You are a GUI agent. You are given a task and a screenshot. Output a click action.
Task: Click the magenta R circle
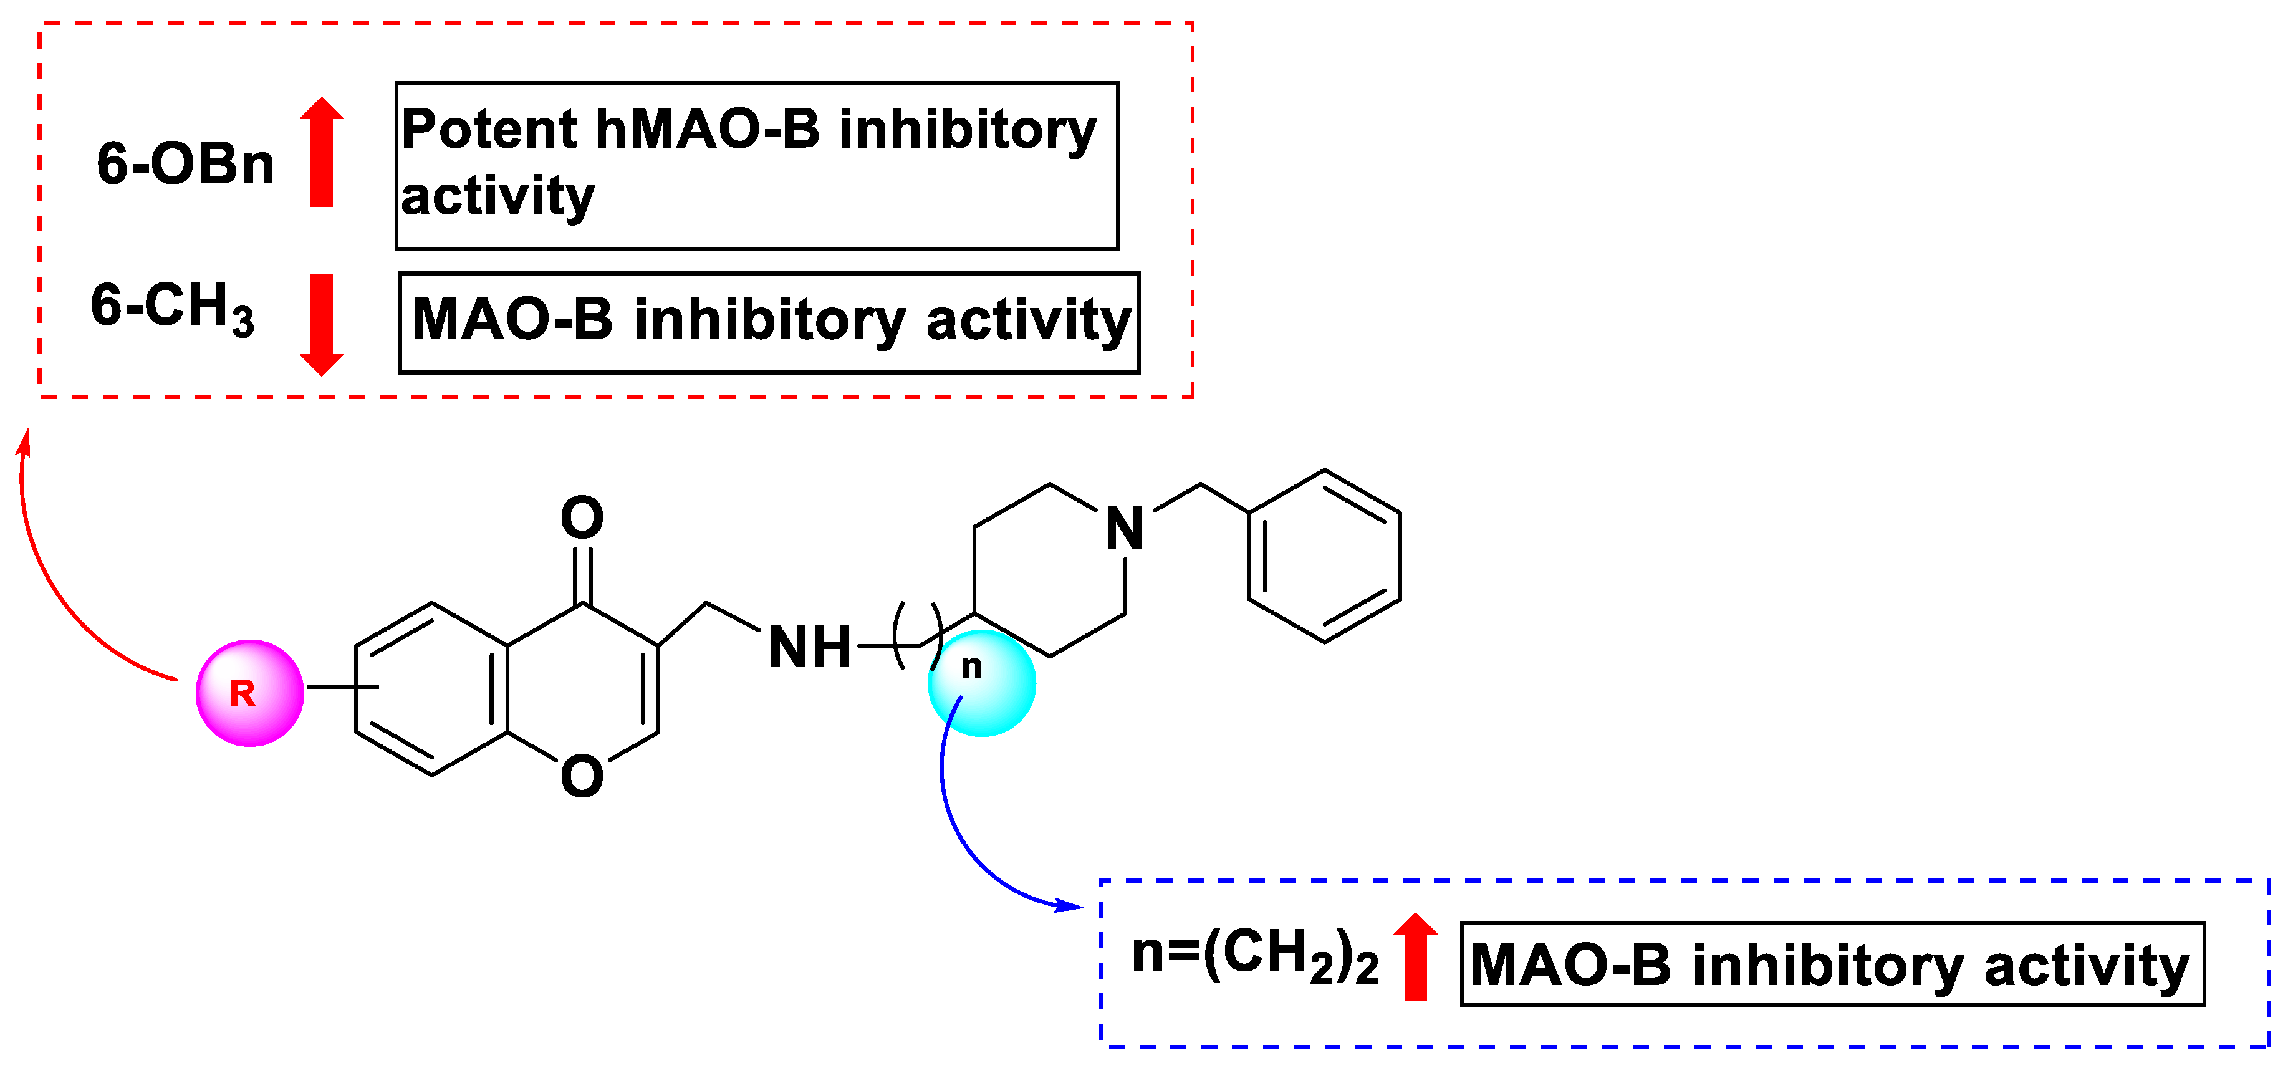click(249, 693)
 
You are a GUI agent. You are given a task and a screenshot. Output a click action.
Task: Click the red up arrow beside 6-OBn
click(322, 152)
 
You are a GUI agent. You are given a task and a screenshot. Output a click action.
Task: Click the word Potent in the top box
click(489, 130)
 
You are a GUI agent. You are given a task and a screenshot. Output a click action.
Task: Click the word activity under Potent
click(497, 196)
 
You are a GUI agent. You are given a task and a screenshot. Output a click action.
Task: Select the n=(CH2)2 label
click(1254, 955)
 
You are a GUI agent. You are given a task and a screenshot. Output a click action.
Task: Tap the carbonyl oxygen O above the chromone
click(582, 518)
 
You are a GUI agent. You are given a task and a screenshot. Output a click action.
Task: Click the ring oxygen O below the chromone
click(582, 776)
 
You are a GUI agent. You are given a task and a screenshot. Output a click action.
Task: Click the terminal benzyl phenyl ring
click(1324, 556)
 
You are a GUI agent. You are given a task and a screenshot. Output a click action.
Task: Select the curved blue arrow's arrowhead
click(1069, 907)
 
